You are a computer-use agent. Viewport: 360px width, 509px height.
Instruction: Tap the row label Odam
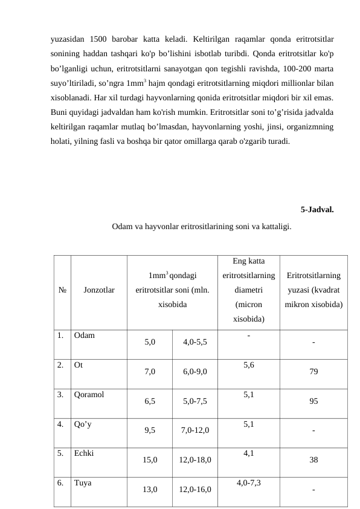tap(84, 334)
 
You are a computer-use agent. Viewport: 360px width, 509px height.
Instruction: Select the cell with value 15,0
tap(150, 459)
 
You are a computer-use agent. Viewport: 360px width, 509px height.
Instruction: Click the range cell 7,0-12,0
tap(195, 430)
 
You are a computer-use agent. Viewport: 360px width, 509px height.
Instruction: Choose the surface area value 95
tap(313, 401)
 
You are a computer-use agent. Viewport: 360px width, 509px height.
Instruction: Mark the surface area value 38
tap(313, 459)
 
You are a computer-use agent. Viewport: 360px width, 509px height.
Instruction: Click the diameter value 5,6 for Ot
tap(249, 365)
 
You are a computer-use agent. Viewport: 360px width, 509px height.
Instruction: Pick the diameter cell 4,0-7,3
tap(249, 482)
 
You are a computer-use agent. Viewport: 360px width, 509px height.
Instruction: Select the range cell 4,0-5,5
tap(195, 342)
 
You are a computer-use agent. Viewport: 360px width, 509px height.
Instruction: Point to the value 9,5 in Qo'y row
tap(150, 430)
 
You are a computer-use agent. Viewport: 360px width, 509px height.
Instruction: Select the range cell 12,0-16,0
tap(195, 489)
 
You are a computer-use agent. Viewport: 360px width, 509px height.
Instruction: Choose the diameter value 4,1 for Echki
tap(249, 452)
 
